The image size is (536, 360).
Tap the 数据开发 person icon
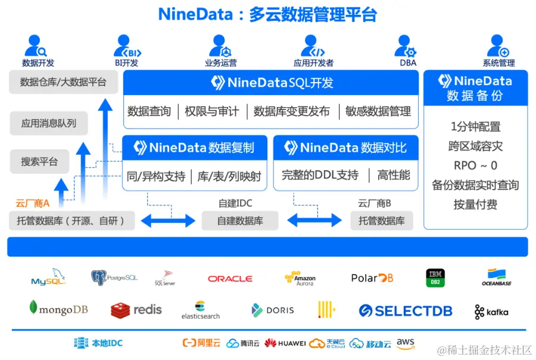[x=38, y=46]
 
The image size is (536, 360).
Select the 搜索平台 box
[x=39, y=161]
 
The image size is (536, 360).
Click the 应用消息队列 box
[x=49, y=124]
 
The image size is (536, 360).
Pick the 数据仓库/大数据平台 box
[x=63, y=82]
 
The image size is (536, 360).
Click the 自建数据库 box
[x=240, y=221]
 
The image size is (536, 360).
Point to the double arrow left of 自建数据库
[x=168, y=221]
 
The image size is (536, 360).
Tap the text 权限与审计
[x=212, y=111]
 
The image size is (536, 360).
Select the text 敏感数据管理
[x=378, y=111]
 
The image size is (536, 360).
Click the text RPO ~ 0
[x=475, y=165]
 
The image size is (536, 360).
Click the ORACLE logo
[x=230, y=278]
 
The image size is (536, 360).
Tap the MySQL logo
[x=48, y=278]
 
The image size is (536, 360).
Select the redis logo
[x=136, y=310]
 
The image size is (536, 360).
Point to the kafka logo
[x=491, y=312]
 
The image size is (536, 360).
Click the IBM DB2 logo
[x=435, y=278]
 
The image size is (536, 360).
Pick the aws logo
[x=406, y=343]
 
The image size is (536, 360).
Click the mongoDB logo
[x=58, y=309]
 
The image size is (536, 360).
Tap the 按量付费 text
[x=475, y=205]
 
